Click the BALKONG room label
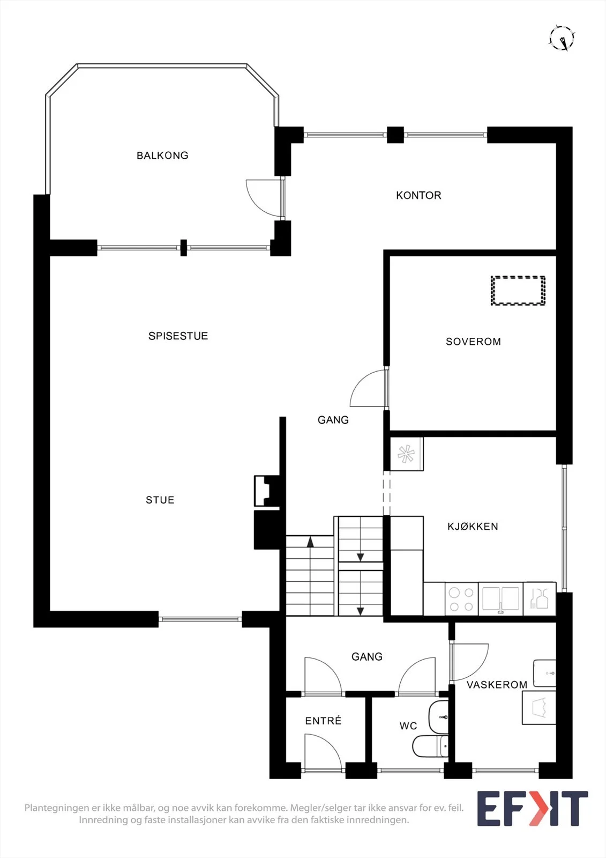pos(162,156)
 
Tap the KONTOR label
pos(418,195)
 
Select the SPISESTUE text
pos(178,336)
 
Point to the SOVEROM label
pos(473,342)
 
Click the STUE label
pos(160,500)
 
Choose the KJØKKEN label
pos(473,526)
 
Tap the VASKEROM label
pos(497,684)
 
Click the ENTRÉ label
pos(323,721)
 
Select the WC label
pos(408,726)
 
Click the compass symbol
pos(562,38)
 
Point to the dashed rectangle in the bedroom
pos(518,290)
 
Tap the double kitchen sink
pos(500,599)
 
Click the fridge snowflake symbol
pos(406,454)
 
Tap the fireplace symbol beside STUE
pos(267,491)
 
